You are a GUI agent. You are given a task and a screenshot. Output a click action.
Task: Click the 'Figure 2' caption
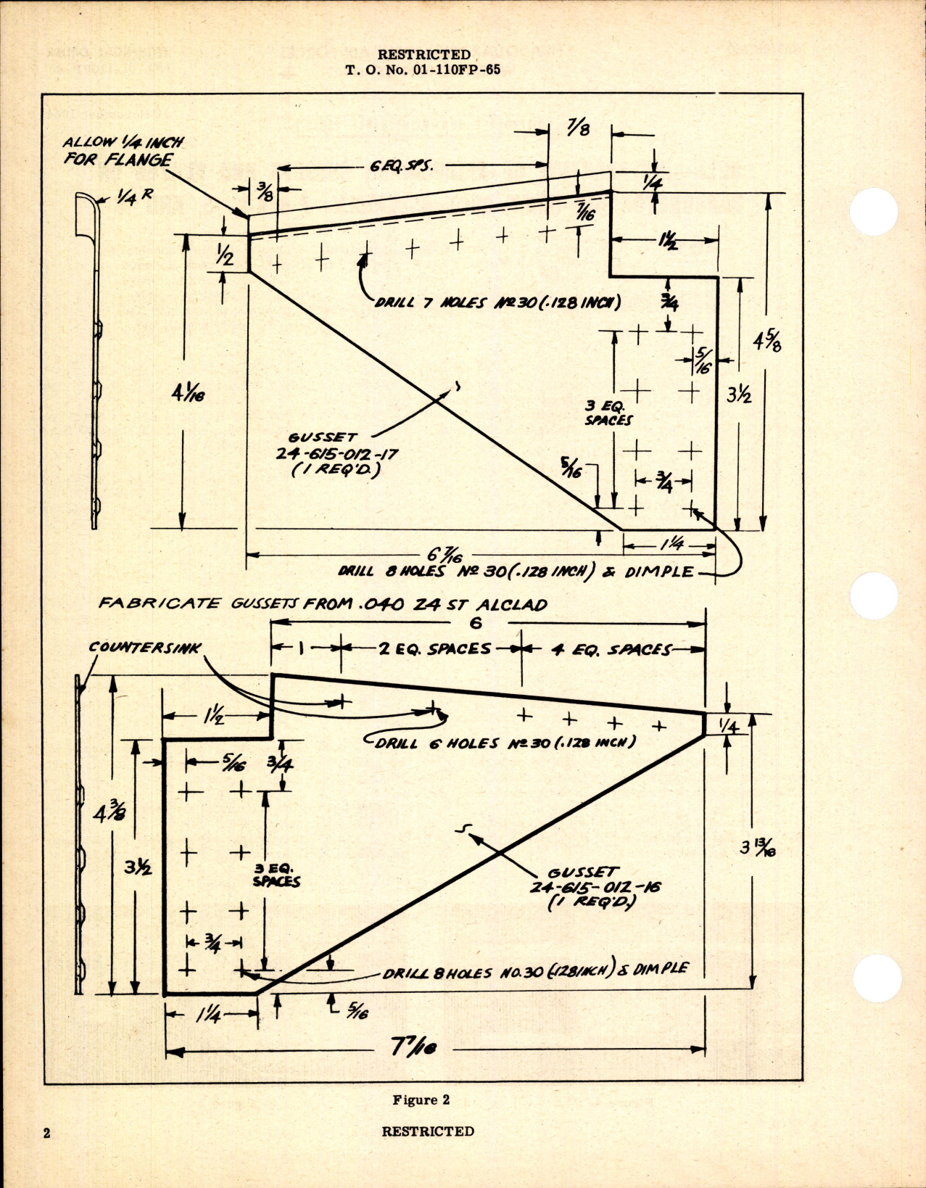[421, 1100]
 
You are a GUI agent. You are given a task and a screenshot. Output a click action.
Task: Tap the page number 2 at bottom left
[47, 1133]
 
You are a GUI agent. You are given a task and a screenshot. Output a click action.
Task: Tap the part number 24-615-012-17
[344, 455]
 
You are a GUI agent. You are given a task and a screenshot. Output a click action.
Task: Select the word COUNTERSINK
[145, 647]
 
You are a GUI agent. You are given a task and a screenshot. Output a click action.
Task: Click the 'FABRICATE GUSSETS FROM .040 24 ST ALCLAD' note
[323, 604]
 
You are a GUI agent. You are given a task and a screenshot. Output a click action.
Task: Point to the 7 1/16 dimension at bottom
[413, 1048]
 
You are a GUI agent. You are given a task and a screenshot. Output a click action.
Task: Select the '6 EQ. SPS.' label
[401, 166]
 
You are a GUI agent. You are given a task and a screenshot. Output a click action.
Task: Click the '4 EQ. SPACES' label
[611, 650]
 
